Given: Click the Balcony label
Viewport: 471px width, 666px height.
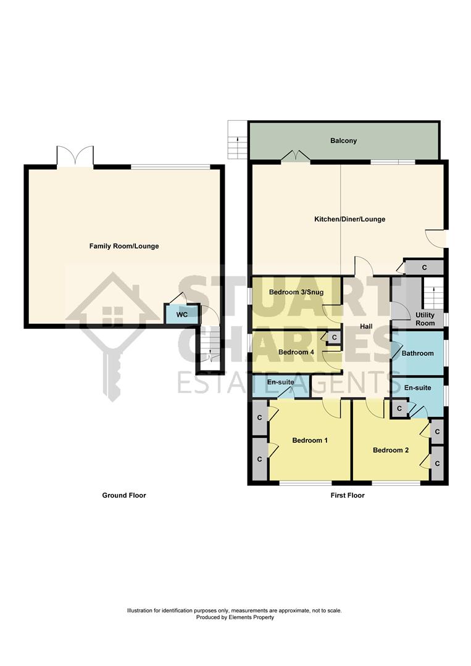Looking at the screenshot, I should [x=343, y=141].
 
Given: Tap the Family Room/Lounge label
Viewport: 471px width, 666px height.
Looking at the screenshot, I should [x=124, y=246].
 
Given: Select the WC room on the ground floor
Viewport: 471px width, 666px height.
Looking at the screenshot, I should [x=181, y=314].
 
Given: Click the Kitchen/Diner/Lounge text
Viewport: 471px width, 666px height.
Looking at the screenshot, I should [x=349, y=219].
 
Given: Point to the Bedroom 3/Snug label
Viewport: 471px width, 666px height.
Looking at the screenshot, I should [x=292, y=292].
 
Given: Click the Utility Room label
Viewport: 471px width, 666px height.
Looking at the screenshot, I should [x=425, y=319].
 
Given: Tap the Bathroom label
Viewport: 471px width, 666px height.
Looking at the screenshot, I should [x=418, y=353].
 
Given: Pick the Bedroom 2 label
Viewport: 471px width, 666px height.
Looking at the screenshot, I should [x=391, y=450].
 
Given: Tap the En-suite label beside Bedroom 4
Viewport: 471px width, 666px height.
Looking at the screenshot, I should [x=280, y=382].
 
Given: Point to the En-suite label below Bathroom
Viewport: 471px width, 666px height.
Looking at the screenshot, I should [x=418, y=388].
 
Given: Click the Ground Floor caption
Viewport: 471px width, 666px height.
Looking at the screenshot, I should [x=124, y=495].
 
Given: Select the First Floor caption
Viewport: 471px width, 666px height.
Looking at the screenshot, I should [x=348, y=495].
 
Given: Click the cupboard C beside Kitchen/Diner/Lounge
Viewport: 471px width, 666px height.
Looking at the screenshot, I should [x=424, y=268].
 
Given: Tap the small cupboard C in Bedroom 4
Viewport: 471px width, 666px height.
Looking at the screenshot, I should [x=334, y=338].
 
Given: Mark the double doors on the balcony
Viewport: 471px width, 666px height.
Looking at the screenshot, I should [x=296, y=157].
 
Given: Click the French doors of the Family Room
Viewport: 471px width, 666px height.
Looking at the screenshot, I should [x=75, y=157].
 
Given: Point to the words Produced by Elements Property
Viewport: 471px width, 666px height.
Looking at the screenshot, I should [x=235, y=617].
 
